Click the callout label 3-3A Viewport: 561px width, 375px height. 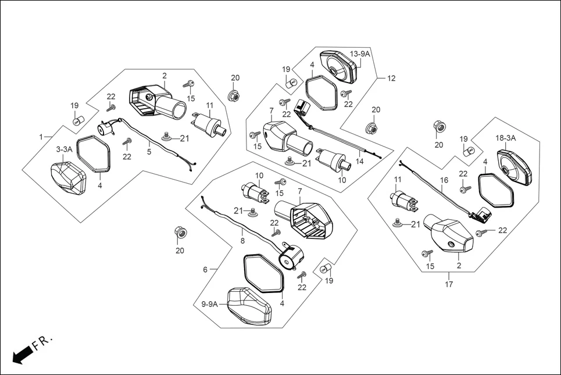click(x=64, y=149)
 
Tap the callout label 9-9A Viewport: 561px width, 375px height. click(x=210, y=304)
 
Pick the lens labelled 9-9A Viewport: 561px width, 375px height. click(x=248, y=305)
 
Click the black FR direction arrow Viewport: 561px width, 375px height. click(x=22, y=353)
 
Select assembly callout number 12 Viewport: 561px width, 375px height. click(x=391, y=78)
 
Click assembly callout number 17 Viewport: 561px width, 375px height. click(x=449, y=284)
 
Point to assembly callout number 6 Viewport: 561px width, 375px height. click(x=205, y=270)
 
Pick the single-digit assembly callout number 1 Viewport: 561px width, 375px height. click(x=41, y=137)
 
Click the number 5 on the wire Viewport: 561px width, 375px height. click(x=149, y=152)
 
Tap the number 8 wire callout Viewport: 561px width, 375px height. click(x=242, y=239)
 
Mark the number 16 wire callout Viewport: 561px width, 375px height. click(x=444, y=181)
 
